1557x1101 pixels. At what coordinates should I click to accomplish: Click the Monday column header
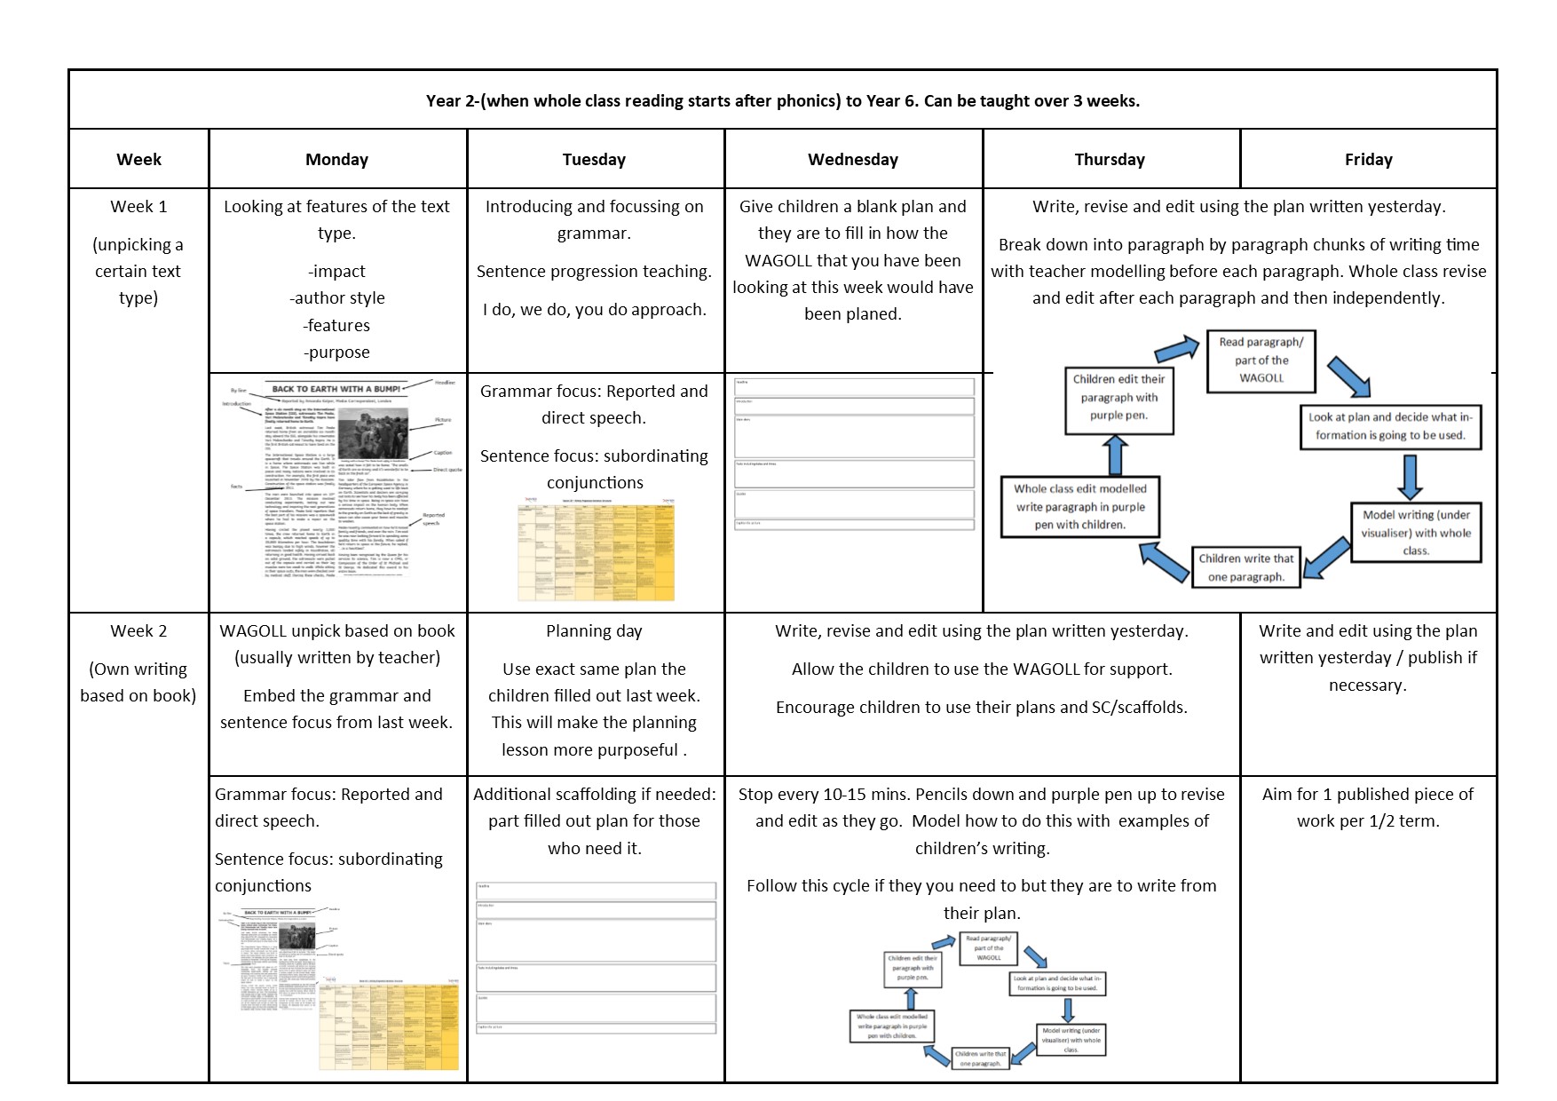tap(336, 160)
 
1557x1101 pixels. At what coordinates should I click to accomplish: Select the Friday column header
tap(1368, 160)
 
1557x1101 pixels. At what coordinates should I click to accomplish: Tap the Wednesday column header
tap(852, 160)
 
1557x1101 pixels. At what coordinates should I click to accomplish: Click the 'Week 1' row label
tap(138, 207)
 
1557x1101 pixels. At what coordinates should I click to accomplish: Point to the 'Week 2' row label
tap(138, 631)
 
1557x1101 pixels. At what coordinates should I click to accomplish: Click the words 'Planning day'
tap(594, 631)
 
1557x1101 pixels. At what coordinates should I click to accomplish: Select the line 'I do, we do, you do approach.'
tap(594, 310)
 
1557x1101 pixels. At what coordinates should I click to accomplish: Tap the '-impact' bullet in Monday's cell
tap(336, 272)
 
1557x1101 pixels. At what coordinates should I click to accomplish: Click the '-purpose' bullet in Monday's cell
tap(336, 352)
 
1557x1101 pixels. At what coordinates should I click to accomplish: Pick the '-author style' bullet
tap(336, 298)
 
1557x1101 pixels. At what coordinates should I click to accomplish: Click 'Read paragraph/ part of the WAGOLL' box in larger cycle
tap(1261, 360)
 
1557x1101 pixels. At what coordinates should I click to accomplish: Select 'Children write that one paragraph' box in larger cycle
tap(1246, 567)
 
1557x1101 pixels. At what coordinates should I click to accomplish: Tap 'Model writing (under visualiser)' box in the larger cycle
tap(1416, 533)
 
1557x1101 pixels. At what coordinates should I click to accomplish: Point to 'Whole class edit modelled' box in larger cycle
tap(1080, 507)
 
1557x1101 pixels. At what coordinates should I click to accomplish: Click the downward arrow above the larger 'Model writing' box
tap(1410, 477)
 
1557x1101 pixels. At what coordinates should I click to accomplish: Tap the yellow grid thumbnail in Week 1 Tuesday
tap(596, 552)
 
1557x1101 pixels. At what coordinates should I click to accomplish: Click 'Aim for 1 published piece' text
tap(1367, 795)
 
